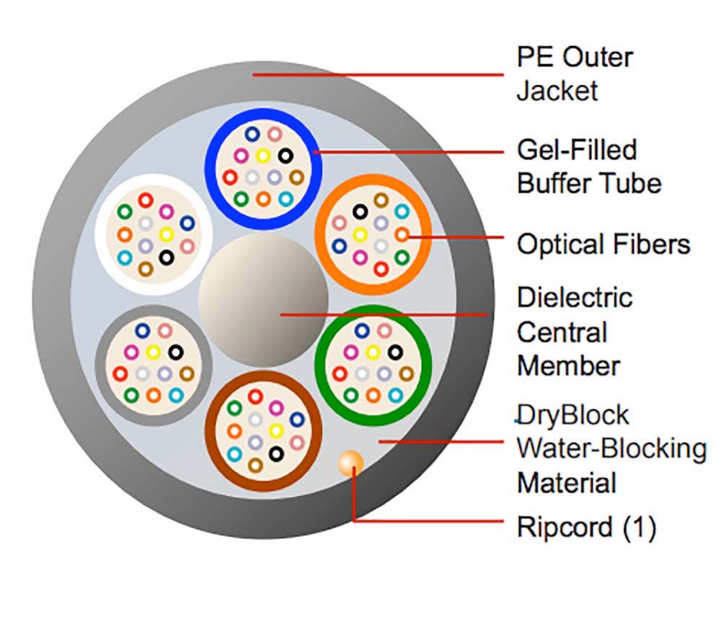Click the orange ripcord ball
tap(351, 462)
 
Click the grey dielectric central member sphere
tap(263, 296)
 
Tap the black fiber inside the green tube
tap(394, 352)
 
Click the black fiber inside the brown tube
tap(275, 453)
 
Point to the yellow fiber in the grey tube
tap(153, 352)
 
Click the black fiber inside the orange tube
tap(360, 211)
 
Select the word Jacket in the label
tap(557, 91)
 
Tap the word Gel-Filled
tap(577, 149)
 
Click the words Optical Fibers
tap(603, 244)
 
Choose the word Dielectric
tap(575, 297)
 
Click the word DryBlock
tap(573, 415)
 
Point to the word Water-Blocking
tap(611, 449)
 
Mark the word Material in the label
tap(567, 482)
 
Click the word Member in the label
tap(568, 365)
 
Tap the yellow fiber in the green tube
tap(373, 352)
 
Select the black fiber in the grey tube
tap(175, 352)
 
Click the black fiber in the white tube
tap(167, 257)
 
